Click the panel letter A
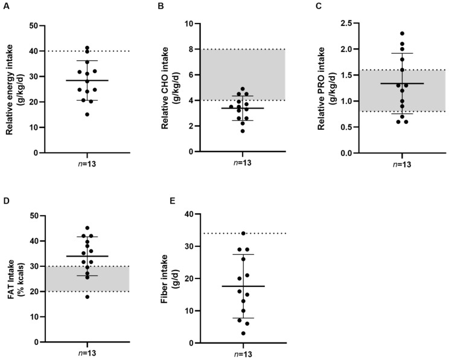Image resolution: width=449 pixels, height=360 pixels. [7, 7]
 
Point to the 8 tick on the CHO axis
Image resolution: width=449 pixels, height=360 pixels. [189, 49]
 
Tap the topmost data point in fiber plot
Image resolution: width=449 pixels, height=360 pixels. [243, 233]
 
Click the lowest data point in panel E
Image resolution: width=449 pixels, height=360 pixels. [243, 333]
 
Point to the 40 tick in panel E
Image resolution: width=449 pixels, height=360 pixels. [186, 214]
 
